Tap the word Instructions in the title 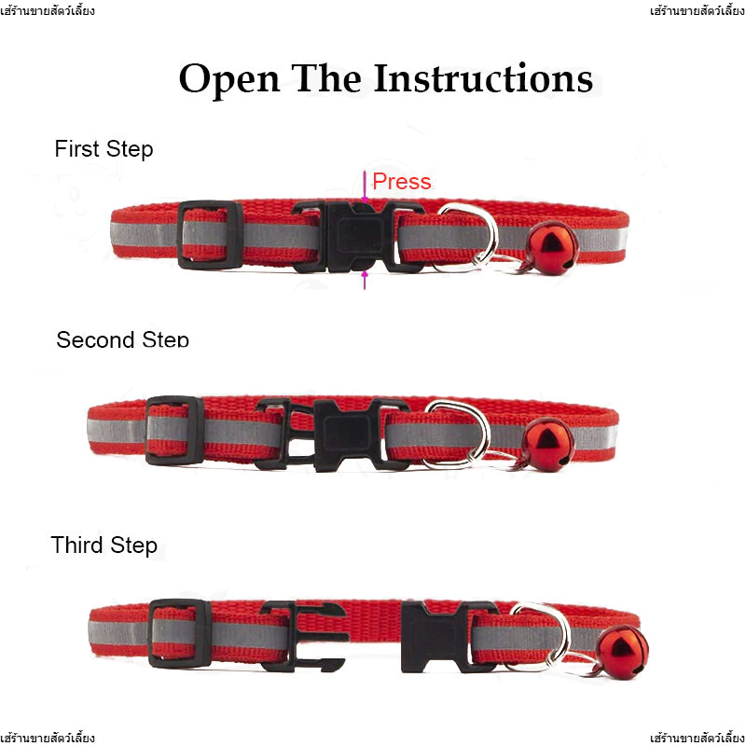pos(483,77)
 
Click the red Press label pos(402,181)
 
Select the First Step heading pos(104,148)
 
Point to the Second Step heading pos(123,339)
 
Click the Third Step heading pos(104,545)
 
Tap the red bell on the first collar pos(552,248)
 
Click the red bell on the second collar pos(547,445)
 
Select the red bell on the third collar pos(623,652)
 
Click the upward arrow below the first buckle pos(365,280)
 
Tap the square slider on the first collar pos(210,235)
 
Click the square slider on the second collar pos(174,431)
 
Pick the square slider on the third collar pos(180,634)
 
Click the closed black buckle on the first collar pos(358,237)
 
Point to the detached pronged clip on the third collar pos(305,637)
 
